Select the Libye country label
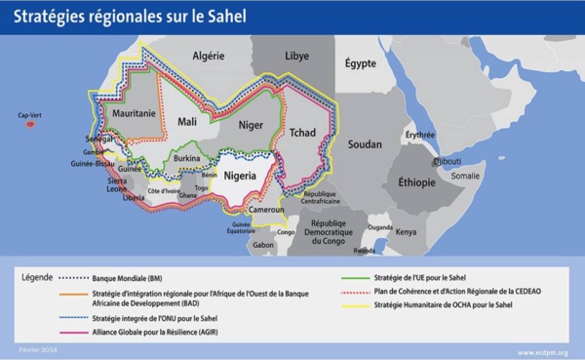pos(296,57)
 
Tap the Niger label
pos(251,125)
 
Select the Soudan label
pos(365,144)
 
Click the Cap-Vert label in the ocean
pos(30,115)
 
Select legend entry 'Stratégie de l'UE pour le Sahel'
pos(425,276)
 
